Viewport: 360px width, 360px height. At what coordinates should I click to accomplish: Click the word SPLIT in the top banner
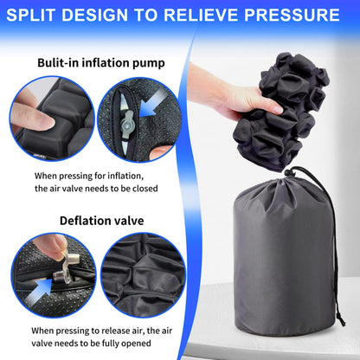pyautogui.click(x=48, y=15)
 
